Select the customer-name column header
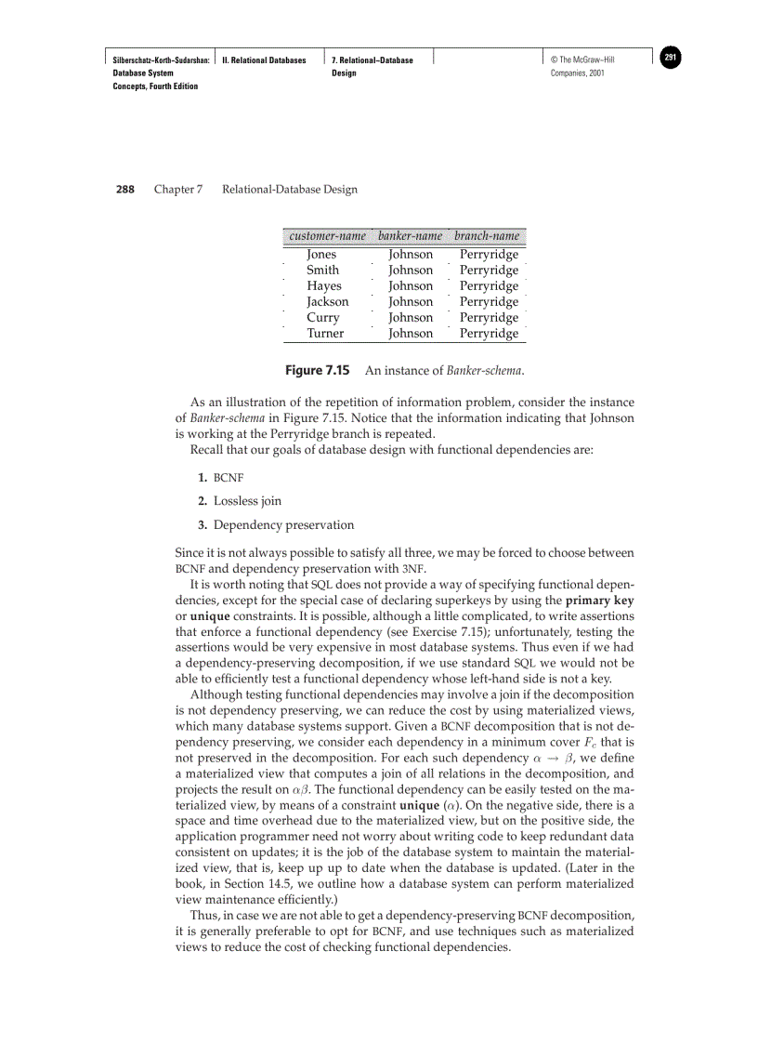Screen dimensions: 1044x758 click(x=321, y=236)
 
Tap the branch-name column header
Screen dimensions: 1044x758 click(x=487, y=236)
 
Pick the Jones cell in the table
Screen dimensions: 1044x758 click(x=321, y=254)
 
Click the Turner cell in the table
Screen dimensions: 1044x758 click(x=325, y=333)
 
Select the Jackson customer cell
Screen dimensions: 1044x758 click(x=328, y=301)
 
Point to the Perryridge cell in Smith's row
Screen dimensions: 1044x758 click(x=489, y=270)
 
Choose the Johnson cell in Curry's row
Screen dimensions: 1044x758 click(x=411, y=317)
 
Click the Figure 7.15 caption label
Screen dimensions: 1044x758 click(x=317, y=370)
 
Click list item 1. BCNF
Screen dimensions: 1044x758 click(x=220, y=478)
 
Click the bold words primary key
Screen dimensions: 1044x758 click(x=599, y=601)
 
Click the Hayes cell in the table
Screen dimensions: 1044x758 click(x=324, y=285)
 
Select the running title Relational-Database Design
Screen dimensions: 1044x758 click(x=290, y=190)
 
